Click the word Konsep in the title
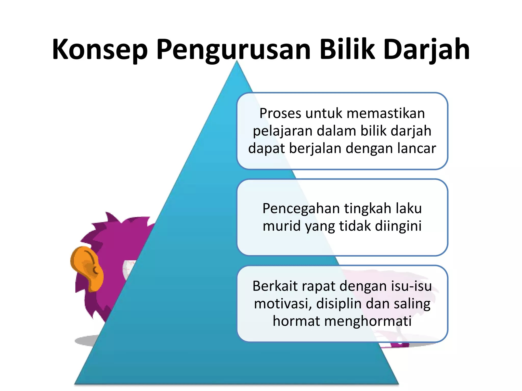coord(100,50)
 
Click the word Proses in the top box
coord(280,114)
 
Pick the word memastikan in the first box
coord(384,114)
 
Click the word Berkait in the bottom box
coord(275,286)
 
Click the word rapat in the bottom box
coord(319,287)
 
